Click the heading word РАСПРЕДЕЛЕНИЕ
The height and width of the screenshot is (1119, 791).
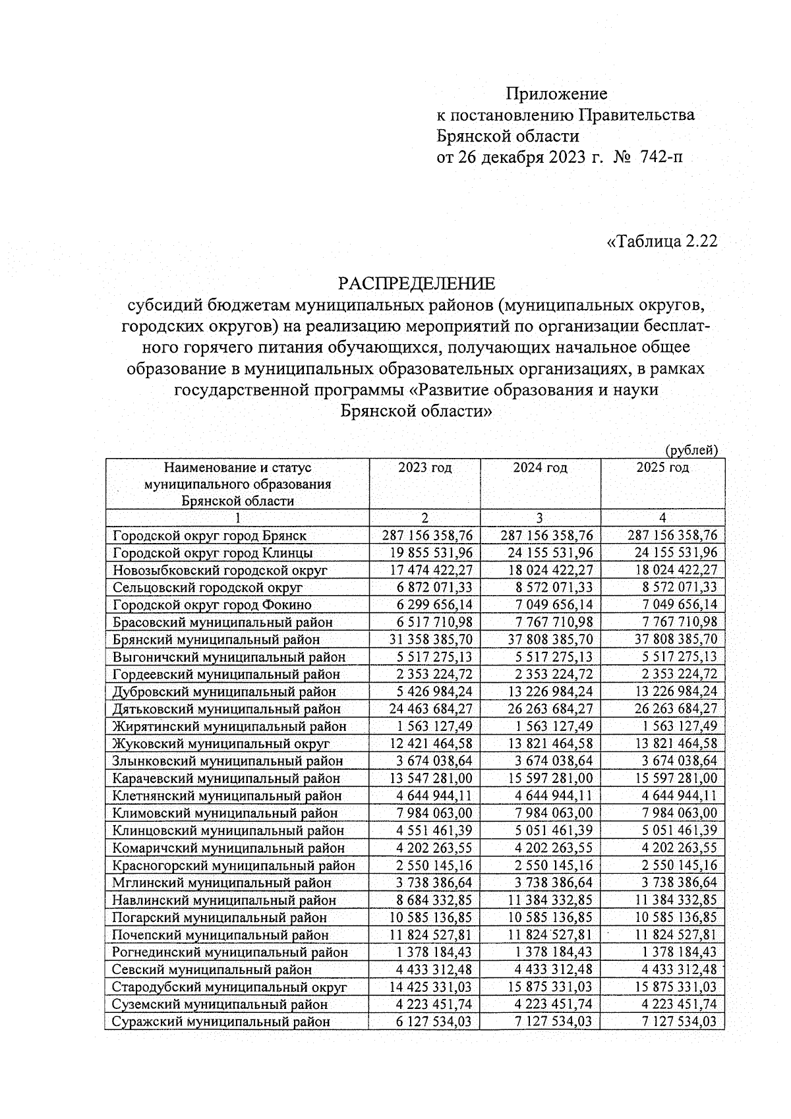[416, 284]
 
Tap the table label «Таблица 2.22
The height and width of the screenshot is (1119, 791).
[661, 241]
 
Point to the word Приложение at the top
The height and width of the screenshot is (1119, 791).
[556, 94]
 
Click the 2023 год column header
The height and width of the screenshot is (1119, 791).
[425, 468]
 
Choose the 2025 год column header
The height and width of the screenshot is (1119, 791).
[662, 468]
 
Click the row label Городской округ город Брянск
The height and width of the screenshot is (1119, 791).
[210, 536]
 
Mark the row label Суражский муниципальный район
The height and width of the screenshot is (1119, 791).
[221, 1022]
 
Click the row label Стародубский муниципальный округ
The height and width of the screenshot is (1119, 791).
[229, 987]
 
